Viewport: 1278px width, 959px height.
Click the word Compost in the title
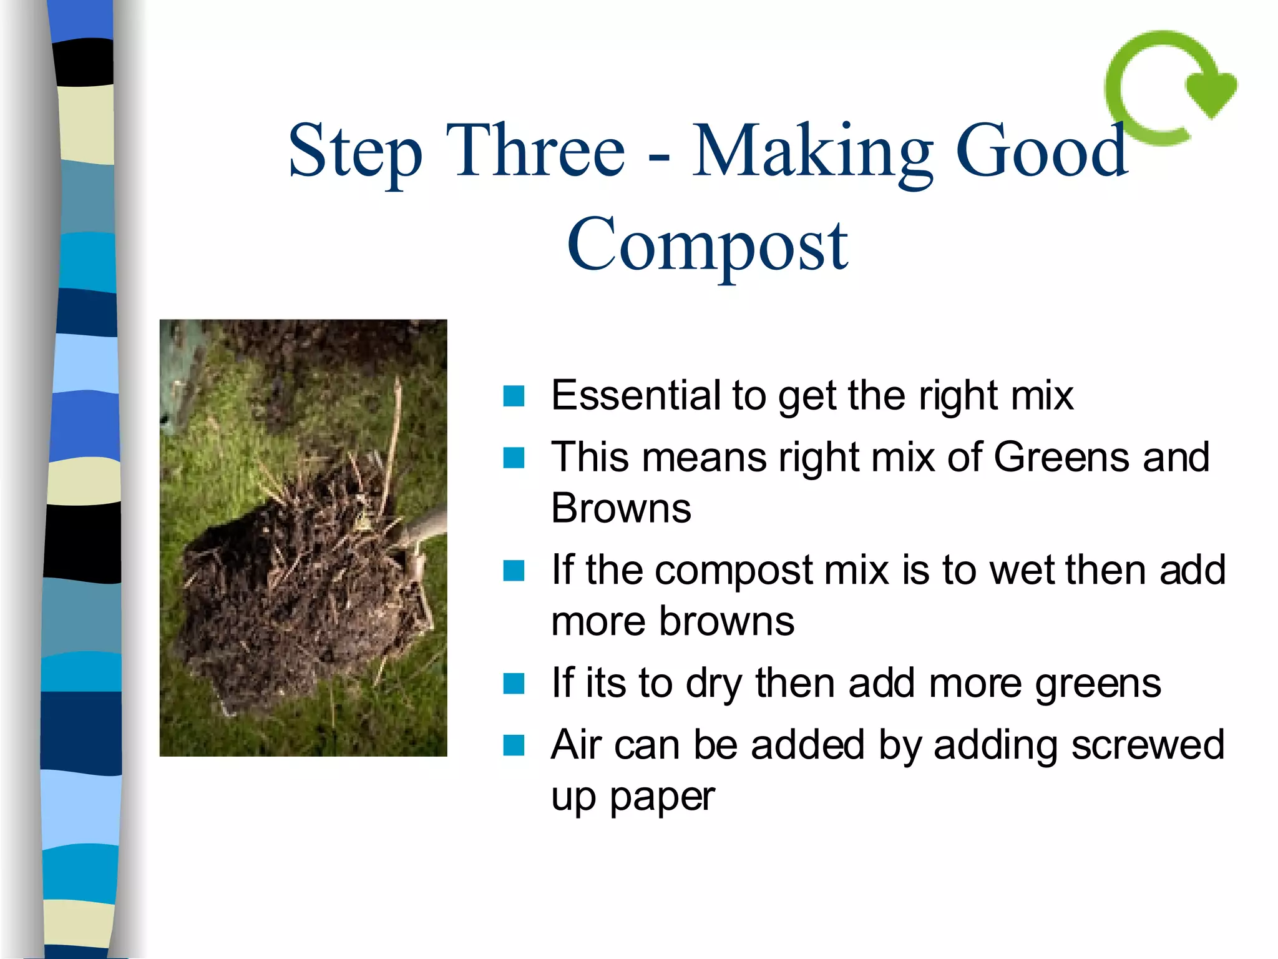click(x=707, y=245)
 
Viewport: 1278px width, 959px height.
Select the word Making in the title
click(x=812, y=152)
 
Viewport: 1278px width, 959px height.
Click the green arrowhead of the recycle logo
click(x=1211, y=95)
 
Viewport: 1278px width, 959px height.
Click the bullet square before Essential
click(x=514, y=396)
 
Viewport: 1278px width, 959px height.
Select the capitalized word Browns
click(x=621, y=508)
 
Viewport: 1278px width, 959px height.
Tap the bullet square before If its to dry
click(x=514, y=684)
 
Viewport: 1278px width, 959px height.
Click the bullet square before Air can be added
click(x=514, y=745)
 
